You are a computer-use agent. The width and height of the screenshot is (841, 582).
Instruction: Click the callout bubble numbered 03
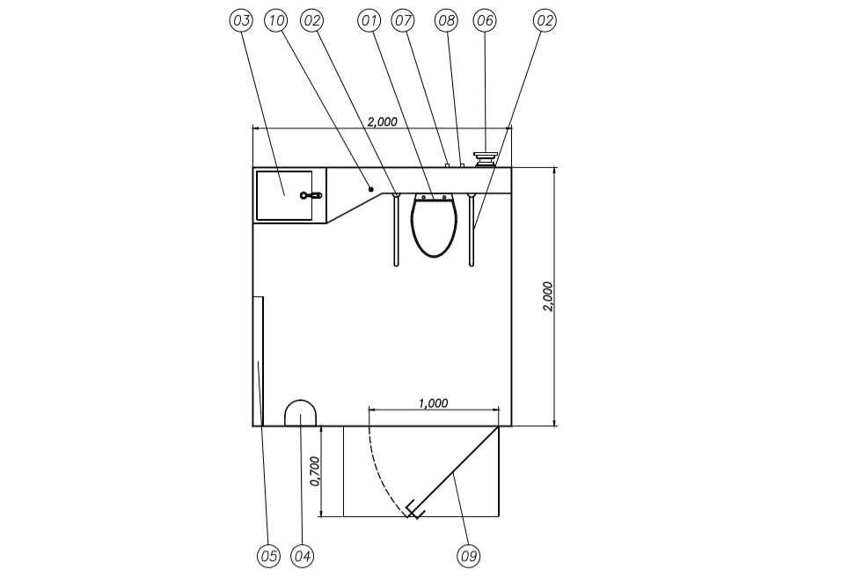tap(240, 20)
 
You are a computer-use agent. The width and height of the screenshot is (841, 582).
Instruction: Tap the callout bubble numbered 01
tap(370, 20)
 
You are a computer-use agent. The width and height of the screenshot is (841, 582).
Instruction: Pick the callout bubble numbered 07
tap(404, 20)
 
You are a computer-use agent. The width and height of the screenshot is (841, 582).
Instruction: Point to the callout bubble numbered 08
tap(446, 20)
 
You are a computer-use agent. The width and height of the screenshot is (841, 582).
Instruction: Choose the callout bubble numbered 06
tap(485, 20)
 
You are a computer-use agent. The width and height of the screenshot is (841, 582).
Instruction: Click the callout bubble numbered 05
tap(268, 556)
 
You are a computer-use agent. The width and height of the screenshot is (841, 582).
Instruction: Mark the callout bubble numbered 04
tap(302, 556)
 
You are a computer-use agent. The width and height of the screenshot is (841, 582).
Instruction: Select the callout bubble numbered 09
tap(469, 556)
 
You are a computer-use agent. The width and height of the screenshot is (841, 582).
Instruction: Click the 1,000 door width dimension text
tap(433, 403)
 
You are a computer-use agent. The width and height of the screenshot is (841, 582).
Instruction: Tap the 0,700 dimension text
tap(314, 471)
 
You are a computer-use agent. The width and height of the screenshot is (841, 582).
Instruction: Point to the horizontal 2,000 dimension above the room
tap(382, 121)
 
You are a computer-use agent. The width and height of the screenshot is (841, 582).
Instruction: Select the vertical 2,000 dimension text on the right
tap(547, 296)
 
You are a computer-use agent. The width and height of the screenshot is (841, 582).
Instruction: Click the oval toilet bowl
tap(434, 227)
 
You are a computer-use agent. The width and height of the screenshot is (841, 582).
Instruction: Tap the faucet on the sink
tap(311, 195)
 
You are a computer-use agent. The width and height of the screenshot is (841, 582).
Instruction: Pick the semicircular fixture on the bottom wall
tap(301, 413)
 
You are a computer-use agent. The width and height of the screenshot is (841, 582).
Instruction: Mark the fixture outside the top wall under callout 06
tap(485, 158)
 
